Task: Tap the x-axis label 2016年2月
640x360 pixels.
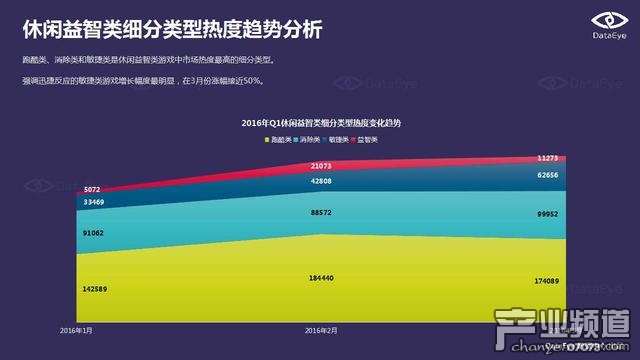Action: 320,329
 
